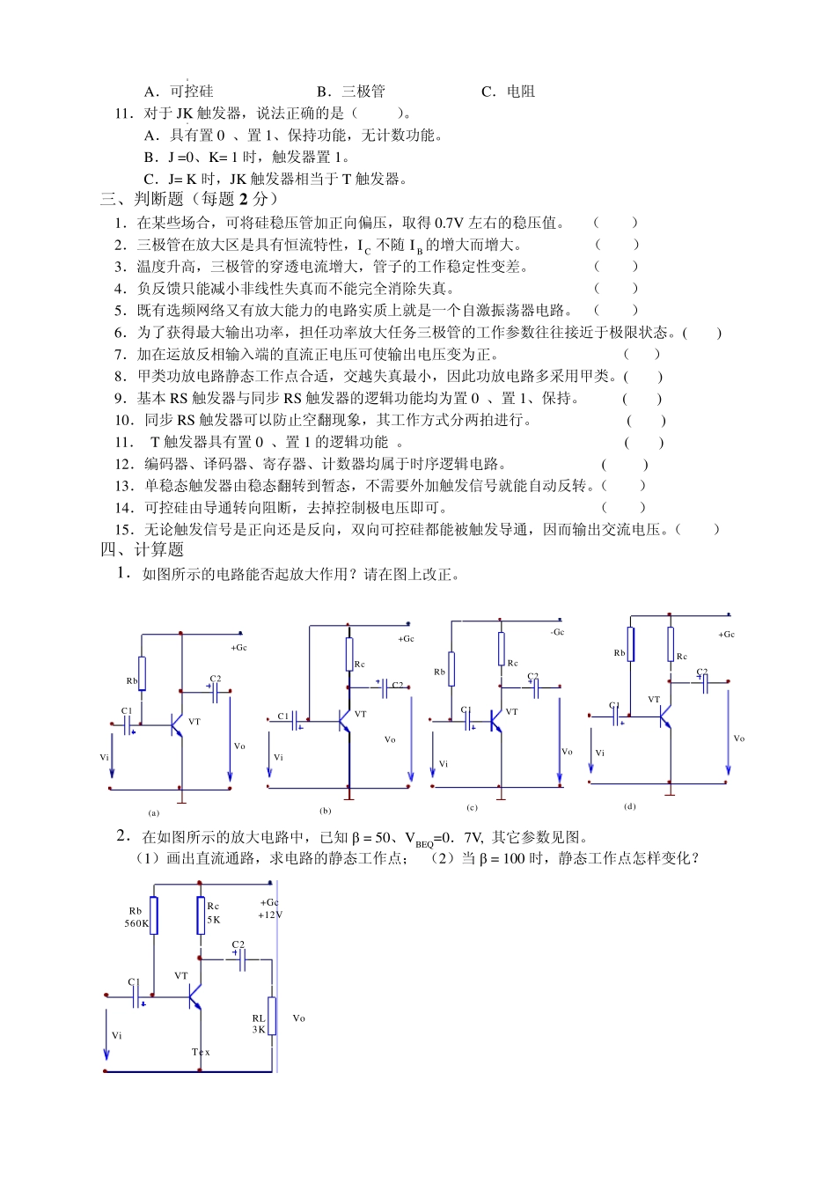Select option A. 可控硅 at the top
click(179, 92)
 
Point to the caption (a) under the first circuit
click(154, 813)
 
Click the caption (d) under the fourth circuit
click(629, 806)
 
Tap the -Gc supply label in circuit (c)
click(557, 632)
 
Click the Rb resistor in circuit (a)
click(142, 673)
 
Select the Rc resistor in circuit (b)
click(349, 655)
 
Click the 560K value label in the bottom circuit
click(136, 923)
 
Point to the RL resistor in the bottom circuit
click(272, 1016)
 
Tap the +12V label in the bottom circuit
click(270, 915)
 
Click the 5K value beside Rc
click(214, 920)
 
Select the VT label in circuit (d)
click(654, 700)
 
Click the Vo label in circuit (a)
click(239, 746)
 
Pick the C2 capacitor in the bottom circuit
click(241, 959)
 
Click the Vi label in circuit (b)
click(279, 757)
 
